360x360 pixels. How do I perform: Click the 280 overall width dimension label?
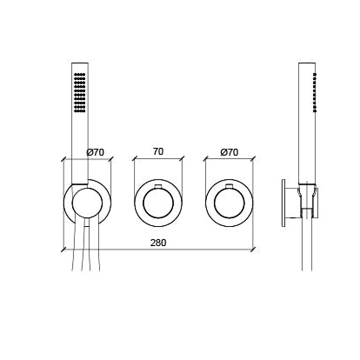tap(159, 243)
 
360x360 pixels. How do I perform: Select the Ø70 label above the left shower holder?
tap(96, 152)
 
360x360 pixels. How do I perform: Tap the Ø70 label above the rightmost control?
tap(229, 152)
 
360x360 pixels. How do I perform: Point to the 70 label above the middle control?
tap(158, 152)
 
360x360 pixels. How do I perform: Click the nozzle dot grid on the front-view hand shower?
tap(80, 92)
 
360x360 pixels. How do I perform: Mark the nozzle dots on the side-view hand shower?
tap(315, 93)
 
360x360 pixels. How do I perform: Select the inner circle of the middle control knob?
tap(158, 203)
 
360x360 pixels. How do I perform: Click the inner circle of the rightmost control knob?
tap(229, 203)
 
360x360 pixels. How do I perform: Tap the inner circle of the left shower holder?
tap(87, 203)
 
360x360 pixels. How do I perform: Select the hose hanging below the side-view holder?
tap(307, 247)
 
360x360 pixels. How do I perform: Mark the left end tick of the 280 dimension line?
tap(63, 249)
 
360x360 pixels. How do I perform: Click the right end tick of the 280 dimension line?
tap(253, 249)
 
